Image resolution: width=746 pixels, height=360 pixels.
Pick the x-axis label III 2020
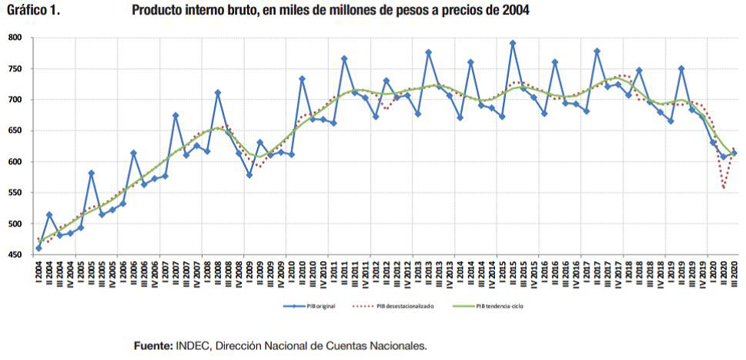[x=734, y=272]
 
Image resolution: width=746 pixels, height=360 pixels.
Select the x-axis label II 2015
[x=513, y=273]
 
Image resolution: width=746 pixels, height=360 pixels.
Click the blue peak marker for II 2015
[x=513, y=44]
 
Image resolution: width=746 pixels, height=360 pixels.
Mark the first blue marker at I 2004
[x=38, y=248]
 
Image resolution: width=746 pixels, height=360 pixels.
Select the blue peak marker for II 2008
[x=218, y=93]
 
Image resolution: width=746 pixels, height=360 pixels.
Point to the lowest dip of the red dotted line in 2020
[x=724, y=187]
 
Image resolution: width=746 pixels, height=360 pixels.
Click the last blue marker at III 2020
[x=734, y=154]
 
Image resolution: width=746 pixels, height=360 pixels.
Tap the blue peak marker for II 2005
[x=91, y=173]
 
